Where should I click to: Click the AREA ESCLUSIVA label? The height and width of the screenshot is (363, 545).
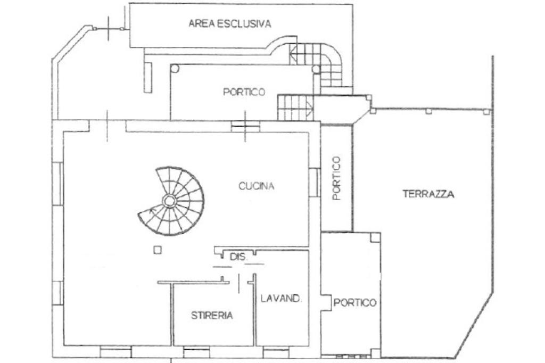pos(229,23)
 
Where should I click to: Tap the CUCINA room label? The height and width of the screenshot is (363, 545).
pos(256,186)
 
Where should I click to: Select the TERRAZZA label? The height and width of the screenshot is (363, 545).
pos(428,194)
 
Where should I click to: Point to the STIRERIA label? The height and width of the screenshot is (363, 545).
pos(212,316)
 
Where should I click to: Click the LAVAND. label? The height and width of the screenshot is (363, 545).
pos(280,298)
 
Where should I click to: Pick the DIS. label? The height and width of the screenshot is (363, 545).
pos(238,257)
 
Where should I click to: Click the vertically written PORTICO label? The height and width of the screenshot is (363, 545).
pos(336,178)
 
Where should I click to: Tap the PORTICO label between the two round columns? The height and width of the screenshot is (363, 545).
pos(244,92)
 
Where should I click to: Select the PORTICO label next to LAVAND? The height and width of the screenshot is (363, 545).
pos(355,302)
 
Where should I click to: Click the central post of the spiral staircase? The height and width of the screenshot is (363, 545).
pos(169,201)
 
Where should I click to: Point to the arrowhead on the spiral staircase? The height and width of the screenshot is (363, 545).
pos(151,210)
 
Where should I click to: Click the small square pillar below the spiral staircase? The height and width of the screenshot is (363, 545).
pos(158,250)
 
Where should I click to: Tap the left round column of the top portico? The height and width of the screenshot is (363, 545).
pos(175,69)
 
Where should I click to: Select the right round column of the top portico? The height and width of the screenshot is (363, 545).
pos(316,69)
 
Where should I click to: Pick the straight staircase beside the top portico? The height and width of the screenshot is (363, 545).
pos(295,108)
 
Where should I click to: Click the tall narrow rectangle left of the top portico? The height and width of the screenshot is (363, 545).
pos(148,77)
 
